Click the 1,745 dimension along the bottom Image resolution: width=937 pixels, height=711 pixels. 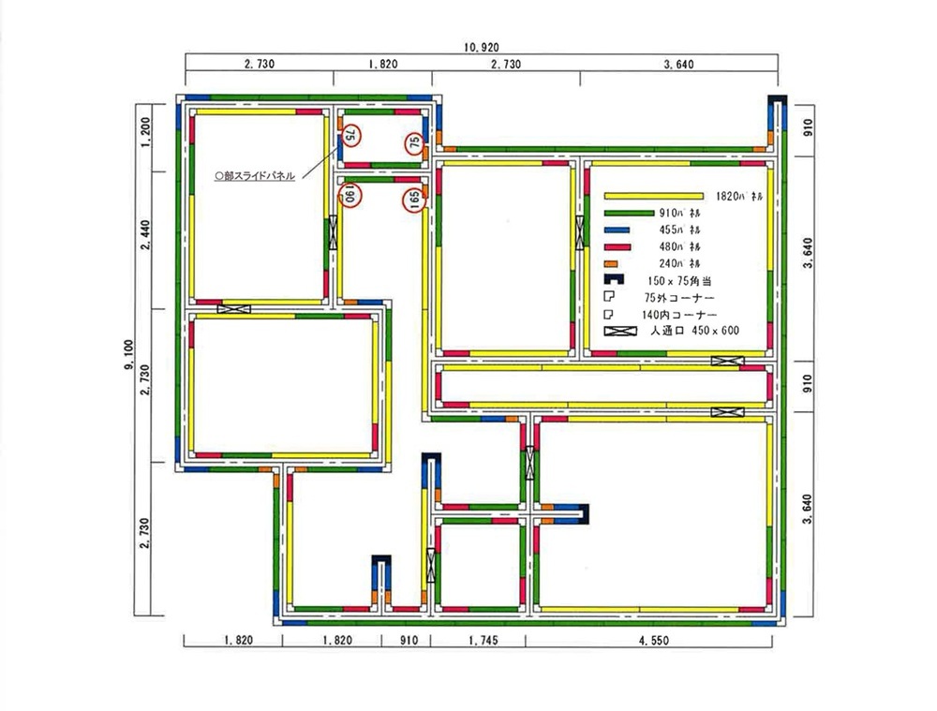477,642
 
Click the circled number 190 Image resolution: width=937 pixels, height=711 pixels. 349,196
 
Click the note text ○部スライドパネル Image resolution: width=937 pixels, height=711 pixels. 255,175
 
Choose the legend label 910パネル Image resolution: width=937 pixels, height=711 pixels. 679,213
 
